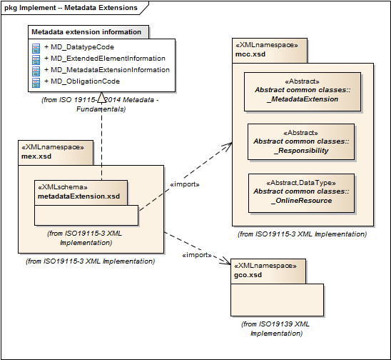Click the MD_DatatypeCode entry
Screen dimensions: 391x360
pos(79,47)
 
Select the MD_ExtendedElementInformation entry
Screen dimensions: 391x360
pos(105,59)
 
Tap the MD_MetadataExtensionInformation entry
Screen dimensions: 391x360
pos(107,70)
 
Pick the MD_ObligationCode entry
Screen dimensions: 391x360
pos(82,81)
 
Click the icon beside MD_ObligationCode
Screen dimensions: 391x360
pos(36,83)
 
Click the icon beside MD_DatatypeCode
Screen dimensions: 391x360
pos(36,49)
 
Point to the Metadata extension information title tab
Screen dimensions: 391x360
pos(88,32)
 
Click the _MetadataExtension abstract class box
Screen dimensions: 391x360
pos(303,91)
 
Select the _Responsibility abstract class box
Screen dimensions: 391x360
pos(301,142)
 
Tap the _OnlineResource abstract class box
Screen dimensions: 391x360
pos(301,194)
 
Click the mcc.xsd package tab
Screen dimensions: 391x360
pos(270,51)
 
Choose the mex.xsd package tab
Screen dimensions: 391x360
pos(56,153)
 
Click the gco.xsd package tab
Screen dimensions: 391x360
pos(268,271)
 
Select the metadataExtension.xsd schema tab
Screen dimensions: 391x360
pos(81,193)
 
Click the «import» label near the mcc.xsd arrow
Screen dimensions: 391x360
pos(185,184)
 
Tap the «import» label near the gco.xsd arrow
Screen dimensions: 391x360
pos(197,255)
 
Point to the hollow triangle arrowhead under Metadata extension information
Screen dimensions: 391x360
pos(101,97)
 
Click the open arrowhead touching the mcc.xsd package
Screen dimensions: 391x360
pos(227,146)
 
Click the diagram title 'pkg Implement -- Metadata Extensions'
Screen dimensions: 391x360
pos(71,8)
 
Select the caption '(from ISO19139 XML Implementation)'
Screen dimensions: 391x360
pos(276,329)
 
